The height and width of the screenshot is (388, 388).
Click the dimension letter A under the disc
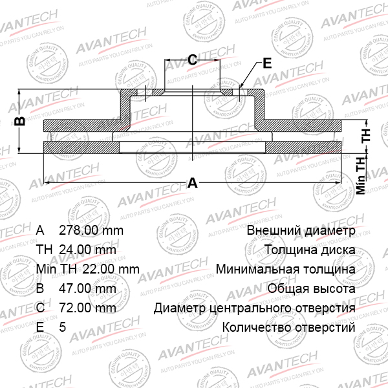pyautogui.click(x=192, y=183)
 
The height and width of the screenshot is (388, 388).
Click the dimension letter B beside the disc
pyautogui.click(x=20, y=120)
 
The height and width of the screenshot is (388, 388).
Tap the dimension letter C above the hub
pyautogui.click(x=192, y=60)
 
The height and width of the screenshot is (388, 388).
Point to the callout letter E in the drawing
pyautogui.click(x=267, y=63)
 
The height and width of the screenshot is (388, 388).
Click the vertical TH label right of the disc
pyautogui.click(x=366, y=135)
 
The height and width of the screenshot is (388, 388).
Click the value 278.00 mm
pyautogui.click(x=91, y=230)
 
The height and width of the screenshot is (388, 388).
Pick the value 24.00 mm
pyautogui.click(x=87, y=250)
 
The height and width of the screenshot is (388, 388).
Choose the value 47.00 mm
pyautogui.click(x=87, y=288)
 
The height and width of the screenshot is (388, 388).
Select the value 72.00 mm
pyautogui.click(x=87, y=308)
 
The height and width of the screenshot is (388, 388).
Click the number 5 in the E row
pyautogui.click(x=62, y=327)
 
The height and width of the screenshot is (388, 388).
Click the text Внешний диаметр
pyautogui.click(x=301, y=230)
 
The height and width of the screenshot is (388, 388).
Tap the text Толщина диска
pyautogui.click(x=309, y=250)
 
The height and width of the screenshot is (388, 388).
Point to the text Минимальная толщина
pyautogui.click(x=285, y=269)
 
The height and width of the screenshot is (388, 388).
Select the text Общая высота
pyautogui.click(x=311, y=288)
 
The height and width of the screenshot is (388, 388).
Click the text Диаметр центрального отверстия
pyautogui.click(x=254, y=308)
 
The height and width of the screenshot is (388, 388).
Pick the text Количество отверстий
pyautogui.click(x=288, y=327)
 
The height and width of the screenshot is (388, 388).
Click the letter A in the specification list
pyautogui.click(x=40, y=230)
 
